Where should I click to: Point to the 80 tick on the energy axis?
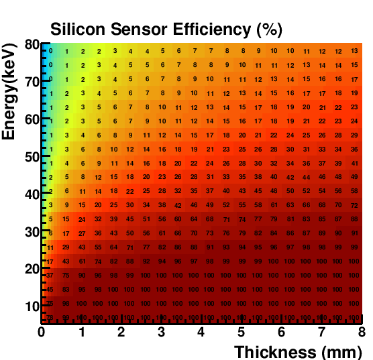(x=31, y=45)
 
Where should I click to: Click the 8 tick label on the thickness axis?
(x=362, y=332)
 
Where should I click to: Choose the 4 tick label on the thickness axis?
(x=201, y=332)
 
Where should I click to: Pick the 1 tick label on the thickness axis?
(x=81, y=332)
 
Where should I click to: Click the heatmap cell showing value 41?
(x=354, y=163)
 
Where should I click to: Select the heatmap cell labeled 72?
(x=354, y=204)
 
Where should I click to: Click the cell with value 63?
(x=290, y=204)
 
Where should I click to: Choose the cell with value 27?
(x=82, y=233)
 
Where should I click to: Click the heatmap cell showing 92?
(x=146, y=261)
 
